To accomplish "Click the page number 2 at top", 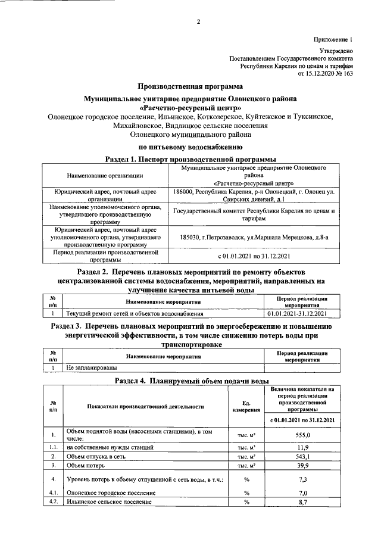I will click(x=199, y=23).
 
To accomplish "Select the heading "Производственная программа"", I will click(x=190, y=86).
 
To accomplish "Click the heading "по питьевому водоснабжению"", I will click(x=190, y=146).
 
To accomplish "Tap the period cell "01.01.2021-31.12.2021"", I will click(x=303, y=313).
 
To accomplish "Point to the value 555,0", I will click(x=303, y=435).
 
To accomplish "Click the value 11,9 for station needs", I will click(x=303, y=447).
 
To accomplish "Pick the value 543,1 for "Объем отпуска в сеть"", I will click(x=303, y=456).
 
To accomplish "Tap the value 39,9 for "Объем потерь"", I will click(x=303, y=465).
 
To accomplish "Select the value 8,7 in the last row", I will click(x=303, y=502).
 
